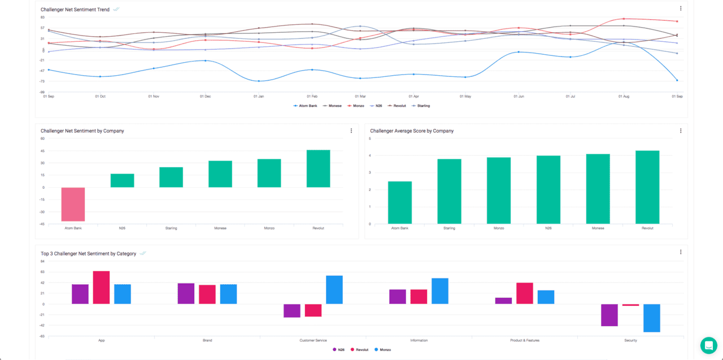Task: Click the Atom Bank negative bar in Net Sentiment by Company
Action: coord(73,204)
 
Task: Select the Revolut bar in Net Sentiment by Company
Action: coord(318,168)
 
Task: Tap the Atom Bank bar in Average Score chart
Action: coord(400,202)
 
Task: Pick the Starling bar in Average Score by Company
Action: coord(449,191)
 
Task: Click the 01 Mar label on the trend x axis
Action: coord(360,97)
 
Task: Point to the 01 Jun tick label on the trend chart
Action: coord(519,97)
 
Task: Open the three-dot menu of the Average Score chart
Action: coord(681,131)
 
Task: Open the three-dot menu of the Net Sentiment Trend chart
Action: coord(681,8)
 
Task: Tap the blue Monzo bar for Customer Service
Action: coord(334,290)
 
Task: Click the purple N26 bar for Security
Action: coord(609,315)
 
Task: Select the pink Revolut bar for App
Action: coord(101,288)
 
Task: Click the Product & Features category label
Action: coord(525,340)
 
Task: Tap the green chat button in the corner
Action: coord(708,345)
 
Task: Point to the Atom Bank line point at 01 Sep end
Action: coord(677,80)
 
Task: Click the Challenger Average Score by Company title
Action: coord(412,131)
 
